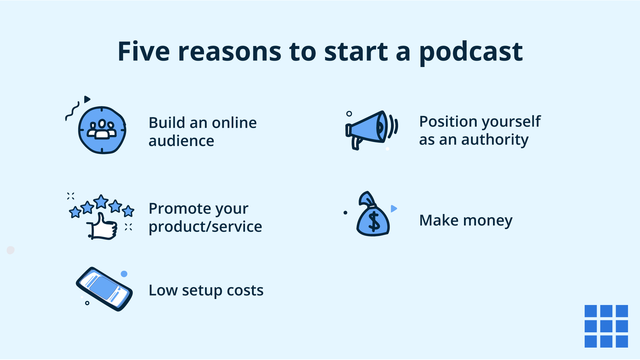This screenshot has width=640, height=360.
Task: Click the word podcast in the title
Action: pos(471,52)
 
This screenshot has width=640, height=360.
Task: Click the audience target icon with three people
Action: pos(102,130)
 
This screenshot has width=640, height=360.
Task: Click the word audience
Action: pos(181,141)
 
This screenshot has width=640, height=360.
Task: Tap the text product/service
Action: pos(205,227)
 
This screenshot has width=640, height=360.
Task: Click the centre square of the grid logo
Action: pos(606,326)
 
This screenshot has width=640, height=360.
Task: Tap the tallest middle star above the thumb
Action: pos(101,202)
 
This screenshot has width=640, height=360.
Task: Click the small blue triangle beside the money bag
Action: pos(393,209)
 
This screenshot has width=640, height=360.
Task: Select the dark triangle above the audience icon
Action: pos(87,99)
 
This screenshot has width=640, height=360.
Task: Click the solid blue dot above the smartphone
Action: pos(124,274)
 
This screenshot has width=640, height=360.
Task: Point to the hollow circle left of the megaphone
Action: pos(349,114)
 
